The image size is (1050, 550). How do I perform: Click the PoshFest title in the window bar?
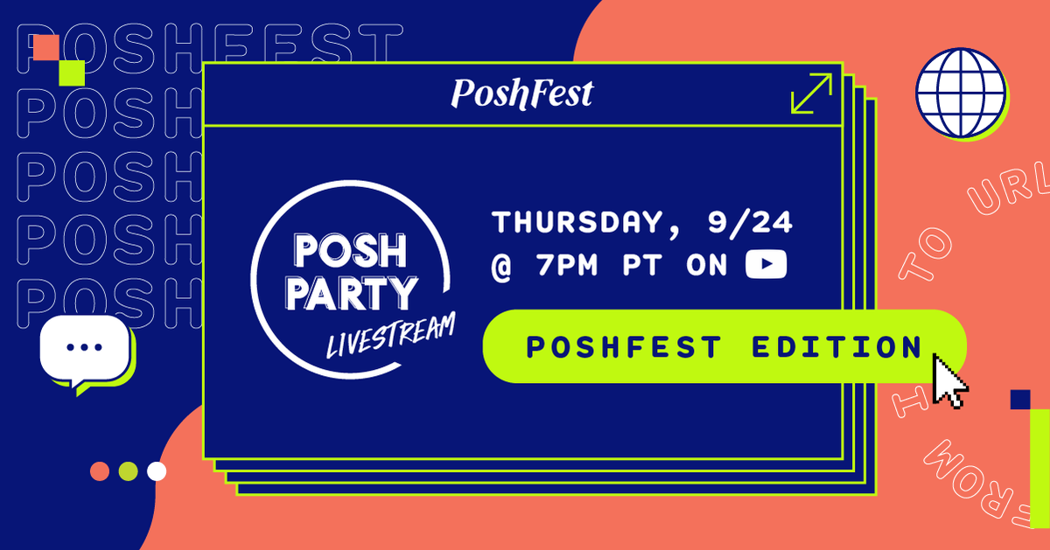pyautogui.click(x=521, y=94)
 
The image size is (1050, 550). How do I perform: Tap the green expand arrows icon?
pyautogui.click(x=810, y=94)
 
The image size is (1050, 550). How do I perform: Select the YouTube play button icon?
pyautogui.click(x=766, y=265)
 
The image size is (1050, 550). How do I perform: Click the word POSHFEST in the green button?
pyautogui.click(x=624, y=346)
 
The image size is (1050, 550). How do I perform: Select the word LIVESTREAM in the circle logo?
pyautogui.click(x=390, y=336)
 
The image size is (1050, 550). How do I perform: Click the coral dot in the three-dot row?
pyautogui.click(x=100, y=471)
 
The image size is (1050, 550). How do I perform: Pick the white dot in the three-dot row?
pyautogui.click(x=157, y=471)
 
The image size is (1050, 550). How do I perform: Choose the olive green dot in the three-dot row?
pyautogui.click(x=128, y=471)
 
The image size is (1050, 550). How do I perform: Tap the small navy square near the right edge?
pyautogui.click(x=1019, y=400)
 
